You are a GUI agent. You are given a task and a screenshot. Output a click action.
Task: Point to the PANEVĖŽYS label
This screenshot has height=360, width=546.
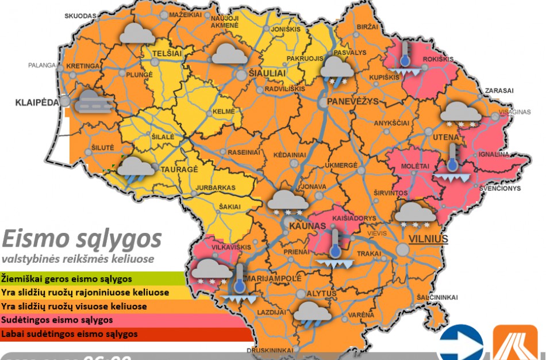point(353,101)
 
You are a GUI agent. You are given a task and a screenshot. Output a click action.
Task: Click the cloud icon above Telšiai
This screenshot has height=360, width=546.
point(136,34)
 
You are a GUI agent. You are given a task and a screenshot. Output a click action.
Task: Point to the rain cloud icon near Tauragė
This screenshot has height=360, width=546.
point(136,168)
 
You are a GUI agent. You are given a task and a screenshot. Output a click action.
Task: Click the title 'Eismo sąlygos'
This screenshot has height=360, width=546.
point(81,238)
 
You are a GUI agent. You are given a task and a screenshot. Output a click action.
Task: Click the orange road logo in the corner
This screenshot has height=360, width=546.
point(515,343)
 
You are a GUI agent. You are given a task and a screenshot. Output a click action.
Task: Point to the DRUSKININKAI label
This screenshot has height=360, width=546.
point(270,350)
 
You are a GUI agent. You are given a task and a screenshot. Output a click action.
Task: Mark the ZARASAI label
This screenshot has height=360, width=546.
point(499,91)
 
